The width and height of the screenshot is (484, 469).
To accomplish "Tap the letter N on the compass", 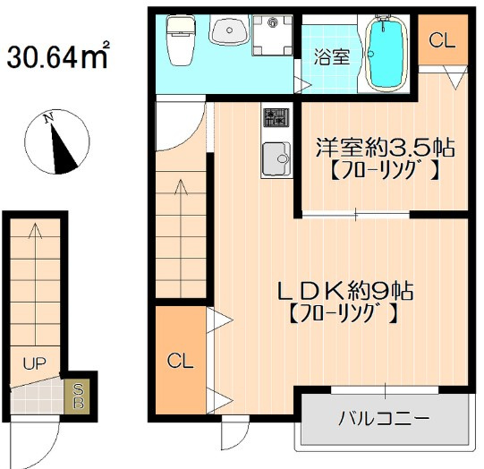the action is pyautogui.click(x=48, y=118).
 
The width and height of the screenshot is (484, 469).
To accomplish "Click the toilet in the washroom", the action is pyautogui.click(x=181, y=40).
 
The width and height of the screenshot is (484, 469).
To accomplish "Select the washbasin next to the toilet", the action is pyautogui.click(x=229, y=30).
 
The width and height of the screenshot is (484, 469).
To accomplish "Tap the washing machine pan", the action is pyautogui.click(x=272, y=35).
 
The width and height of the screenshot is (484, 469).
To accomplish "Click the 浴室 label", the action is pyautogui.click(x=332, y=56).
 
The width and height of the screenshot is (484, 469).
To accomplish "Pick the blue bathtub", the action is pyautogui.click(x=386, y=53).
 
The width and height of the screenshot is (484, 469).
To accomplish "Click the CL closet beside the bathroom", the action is pyautogui.click(x=442, y=40).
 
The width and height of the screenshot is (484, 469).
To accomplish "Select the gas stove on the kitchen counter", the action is pyautogui.click(x=276, y=117).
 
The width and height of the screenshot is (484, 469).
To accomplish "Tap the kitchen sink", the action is pyautogui.click(x=276, y=159).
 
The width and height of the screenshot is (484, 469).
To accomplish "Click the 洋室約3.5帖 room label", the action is pyautogui.click(x=385, y=149).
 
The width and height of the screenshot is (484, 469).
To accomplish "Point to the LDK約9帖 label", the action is pyautogui.click(x=345, y=291).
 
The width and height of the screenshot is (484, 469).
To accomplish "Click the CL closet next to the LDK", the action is pyautogui.click(x=181, y=360).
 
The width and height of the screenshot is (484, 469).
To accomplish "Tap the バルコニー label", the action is pyautogui.click(x=384, y=419).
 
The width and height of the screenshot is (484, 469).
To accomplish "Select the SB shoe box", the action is pyautogui.click(x=77, y=397).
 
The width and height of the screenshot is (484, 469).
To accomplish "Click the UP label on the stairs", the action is pyautogui.click(x=34, y=364).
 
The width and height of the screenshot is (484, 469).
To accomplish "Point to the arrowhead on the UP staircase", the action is pyautogui.click(x=35, y=230).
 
